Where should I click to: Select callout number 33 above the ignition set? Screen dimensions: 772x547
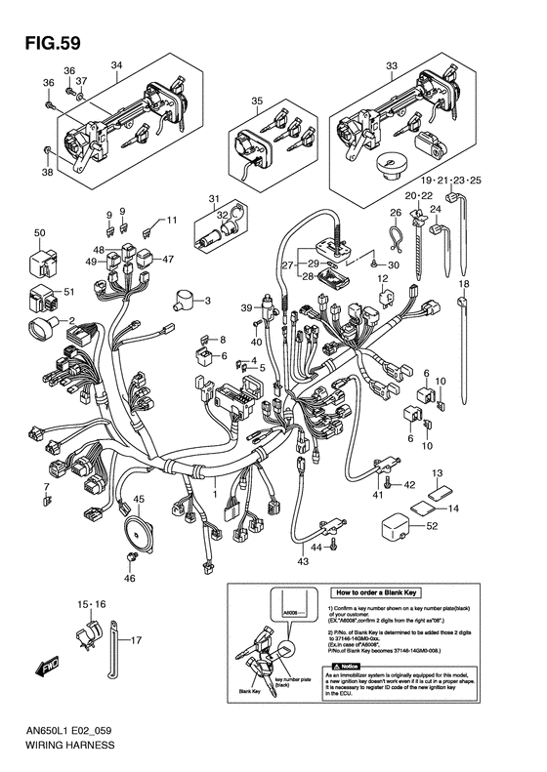click(392, 65)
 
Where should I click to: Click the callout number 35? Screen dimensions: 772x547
click(257, 102)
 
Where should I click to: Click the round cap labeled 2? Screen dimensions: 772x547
click(43, 330)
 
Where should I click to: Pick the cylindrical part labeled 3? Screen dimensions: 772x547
click(183, 299)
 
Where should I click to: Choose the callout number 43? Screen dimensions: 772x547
click(303, 560)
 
